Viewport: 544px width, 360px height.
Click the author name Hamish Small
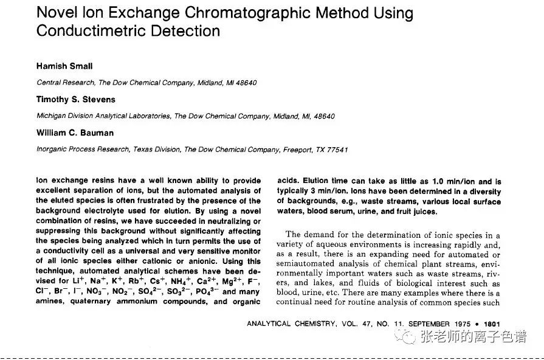pos(64,66)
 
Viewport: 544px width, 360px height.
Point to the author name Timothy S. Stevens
pos(75,99)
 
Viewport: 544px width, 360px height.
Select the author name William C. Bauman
pos(75,133)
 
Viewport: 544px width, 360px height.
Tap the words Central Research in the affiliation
pos(66,83)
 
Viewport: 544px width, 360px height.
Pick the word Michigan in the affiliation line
pos(53,116)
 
